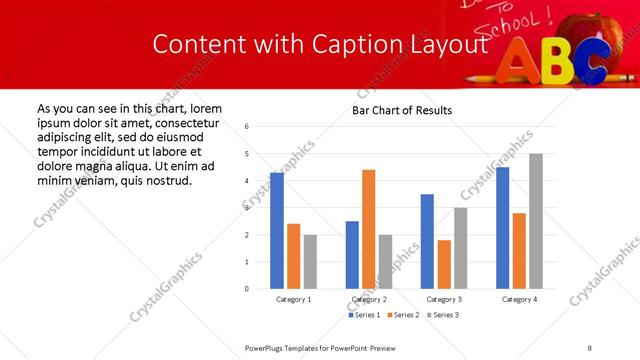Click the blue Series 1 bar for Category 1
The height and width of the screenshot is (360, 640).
(x=277, y=230)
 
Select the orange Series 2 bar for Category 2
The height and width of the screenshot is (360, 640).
(x=368, y=229)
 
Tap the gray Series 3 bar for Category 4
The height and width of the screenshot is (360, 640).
(x=536, y=221)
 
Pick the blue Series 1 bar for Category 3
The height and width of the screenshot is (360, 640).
(x=427, y=241)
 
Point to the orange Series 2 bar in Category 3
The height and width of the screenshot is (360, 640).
(x=444, y=264)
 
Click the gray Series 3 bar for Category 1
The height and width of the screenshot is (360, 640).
(x=310, y=261)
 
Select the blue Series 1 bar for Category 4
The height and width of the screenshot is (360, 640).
(x=502, y=227)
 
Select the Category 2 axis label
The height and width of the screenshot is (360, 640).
(x=368, y=299)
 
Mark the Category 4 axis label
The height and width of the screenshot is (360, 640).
(x=519, y=299)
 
